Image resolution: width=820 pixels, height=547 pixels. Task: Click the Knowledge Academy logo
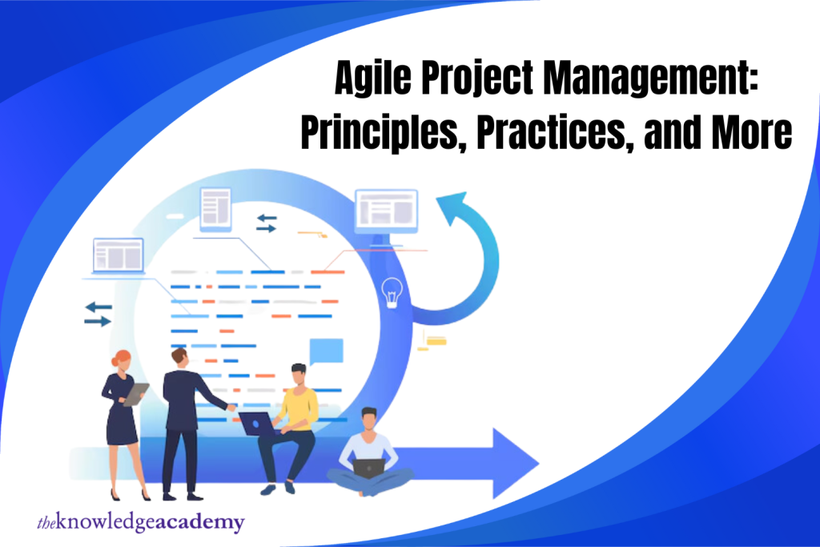click(140, 523)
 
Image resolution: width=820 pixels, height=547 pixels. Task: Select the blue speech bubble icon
click(326, 351)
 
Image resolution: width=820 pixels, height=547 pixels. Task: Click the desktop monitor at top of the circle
click(386, 210)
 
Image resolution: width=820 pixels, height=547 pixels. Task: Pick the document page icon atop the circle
click(215, 207)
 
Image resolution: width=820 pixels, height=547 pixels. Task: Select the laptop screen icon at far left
click(118, 255)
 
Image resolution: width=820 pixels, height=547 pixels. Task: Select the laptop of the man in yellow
click(259, 422)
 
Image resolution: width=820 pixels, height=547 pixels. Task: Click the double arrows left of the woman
click(98, 313)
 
